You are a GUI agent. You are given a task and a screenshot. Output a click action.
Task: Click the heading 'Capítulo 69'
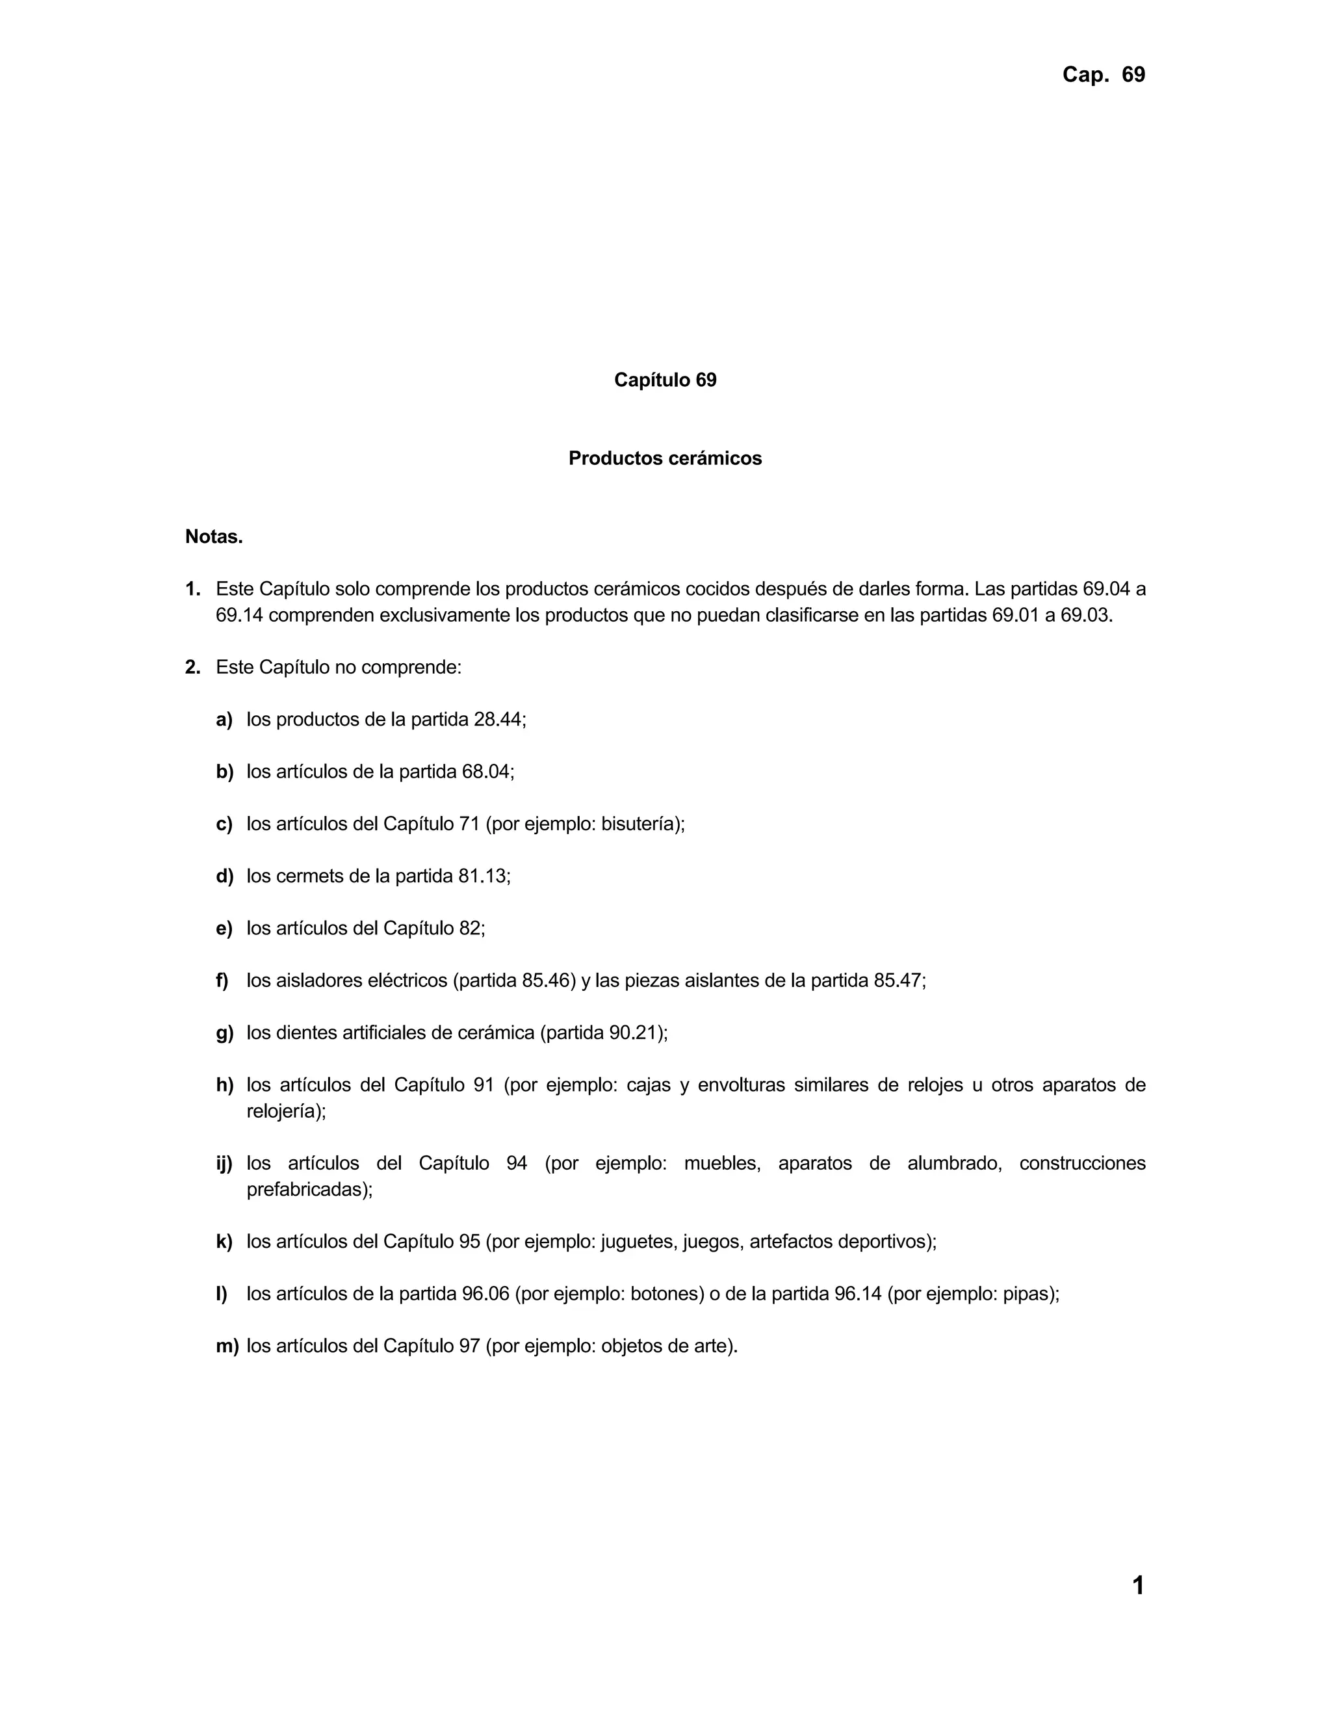pyautogui.click(x=665, y=380)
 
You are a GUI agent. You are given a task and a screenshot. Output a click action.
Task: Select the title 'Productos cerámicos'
pyautogui.click(x=665, y=458)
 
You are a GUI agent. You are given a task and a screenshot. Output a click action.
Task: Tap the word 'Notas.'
pyautogui.click(x=214, y=536)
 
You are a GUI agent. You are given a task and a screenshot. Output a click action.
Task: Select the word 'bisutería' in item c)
pyautogui.click(x=639, y=824)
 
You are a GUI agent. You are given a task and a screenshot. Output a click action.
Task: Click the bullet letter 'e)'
pyautogui.click(x=224, y=928)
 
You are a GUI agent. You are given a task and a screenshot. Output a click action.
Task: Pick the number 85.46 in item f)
pyautogui.click(x=545, y=980)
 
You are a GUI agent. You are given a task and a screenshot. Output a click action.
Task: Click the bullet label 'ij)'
pyautogui.click(x=225, y=1164)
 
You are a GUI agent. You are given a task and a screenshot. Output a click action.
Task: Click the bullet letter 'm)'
pyautogui.click(x=227, y=1346)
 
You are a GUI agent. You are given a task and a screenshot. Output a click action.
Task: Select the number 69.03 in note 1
pyautogui.click(x=1084, y=615)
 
